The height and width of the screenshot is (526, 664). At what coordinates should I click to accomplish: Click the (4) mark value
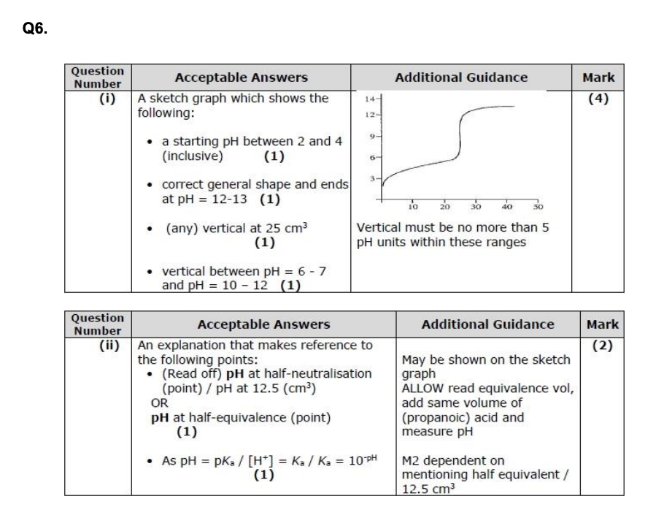598,98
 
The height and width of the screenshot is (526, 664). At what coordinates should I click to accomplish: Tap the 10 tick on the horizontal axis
412,207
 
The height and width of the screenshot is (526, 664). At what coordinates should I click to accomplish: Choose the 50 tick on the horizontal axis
541,207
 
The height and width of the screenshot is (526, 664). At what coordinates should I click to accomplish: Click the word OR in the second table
159,403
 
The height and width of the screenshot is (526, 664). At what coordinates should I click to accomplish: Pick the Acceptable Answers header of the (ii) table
263,324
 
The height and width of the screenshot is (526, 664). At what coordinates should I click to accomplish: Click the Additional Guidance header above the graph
460,77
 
